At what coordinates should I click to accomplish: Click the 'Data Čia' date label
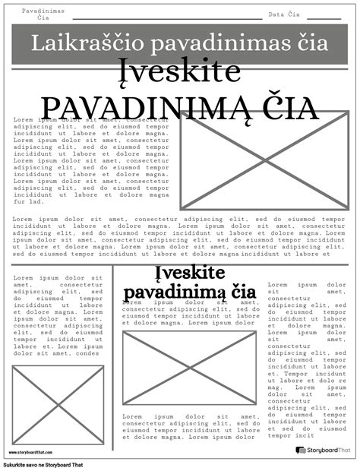284,14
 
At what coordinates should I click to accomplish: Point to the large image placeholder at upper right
264,160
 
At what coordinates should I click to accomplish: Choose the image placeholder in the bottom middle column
189,368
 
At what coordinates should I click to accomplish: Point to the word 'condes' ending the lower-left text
88,353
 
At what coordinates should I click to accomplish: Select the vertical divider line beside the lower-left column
113,357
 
